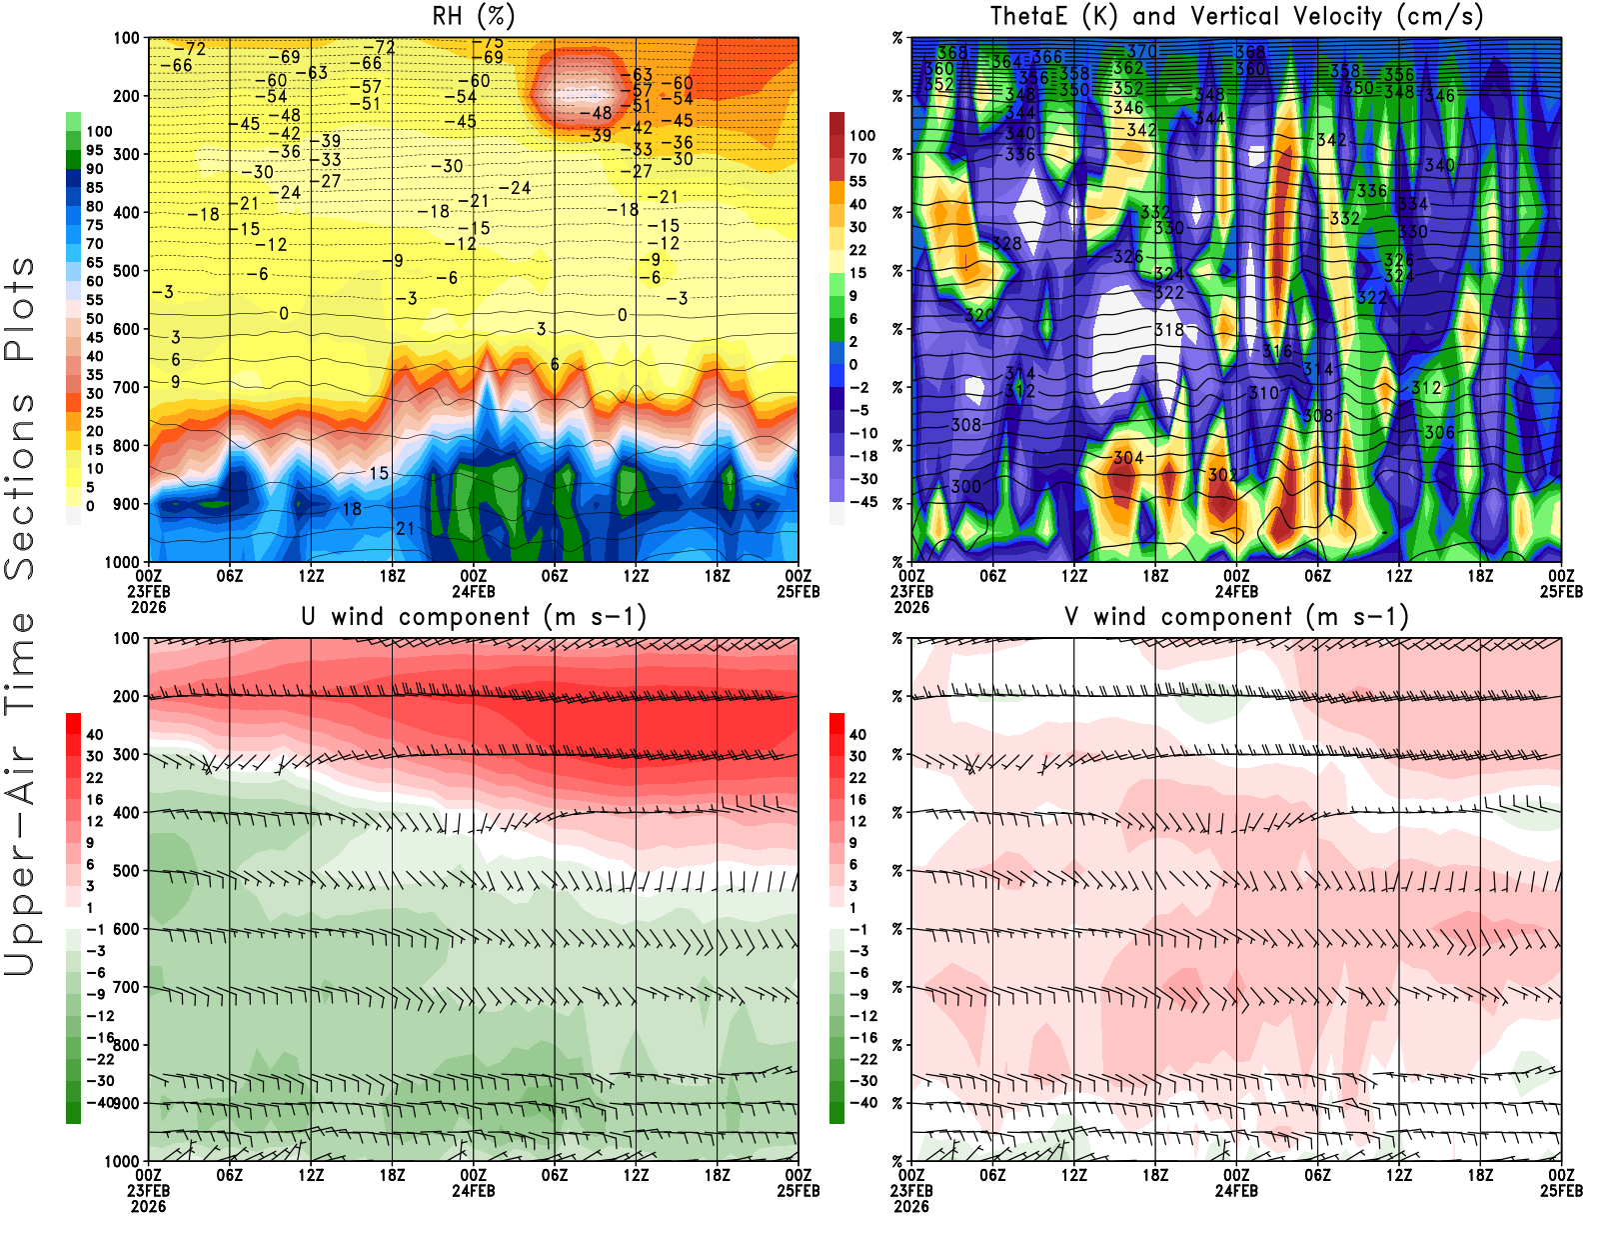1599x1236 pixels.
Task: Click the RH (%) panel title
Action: point(475,16)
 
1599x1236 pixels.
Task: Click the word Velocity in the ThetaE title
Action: point(1324,16)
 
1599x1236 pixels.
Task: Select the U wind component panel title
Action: point(475,616)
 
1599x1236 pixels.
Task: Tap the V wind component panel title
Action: point(1237,616)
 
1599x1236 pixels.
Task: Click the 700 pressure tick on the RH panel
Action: point(126,387)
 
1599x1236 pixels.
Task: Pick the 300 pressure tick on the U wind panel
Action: point(126,754)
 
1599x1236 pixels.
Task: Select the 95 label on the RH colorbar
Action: point(94,150)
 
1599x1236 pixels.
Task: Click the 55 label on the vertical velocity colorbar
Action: point(857,181)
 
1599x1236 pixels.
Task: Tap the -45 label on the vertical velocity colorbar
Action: point(862,502)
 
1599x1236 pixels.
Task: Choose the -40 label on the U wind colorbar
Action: point(100,1102)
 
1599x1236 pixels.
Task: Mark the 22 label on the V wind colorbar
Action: point(857,777)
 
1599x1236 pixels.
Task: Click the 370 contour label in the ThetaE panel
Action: point(1142,51)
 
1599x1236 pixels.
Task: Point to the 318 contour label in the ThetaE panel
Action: point(1169,330)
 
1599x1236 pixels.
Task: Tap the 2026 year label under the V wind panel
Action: point(911,1206)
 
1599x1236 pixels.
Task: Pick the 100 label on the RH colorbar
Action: point(99,131)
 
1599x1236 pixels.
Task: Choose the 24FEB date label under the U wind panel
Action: point(474,1190)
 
